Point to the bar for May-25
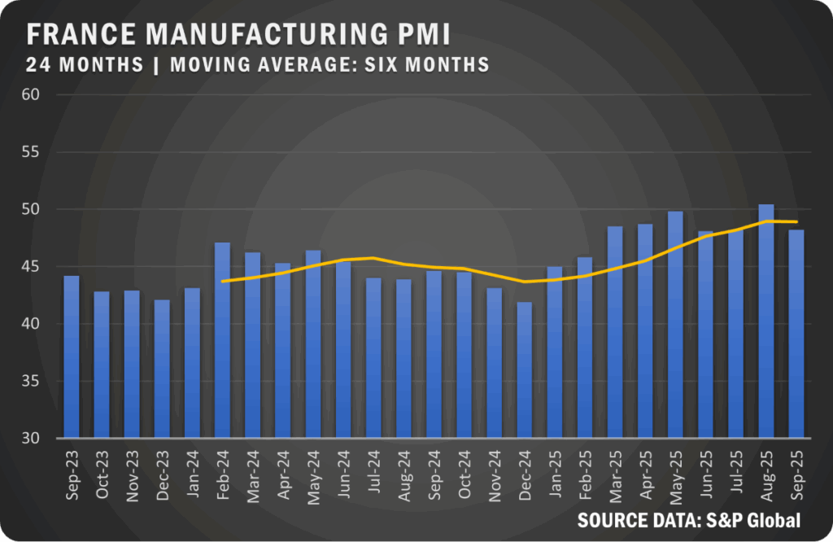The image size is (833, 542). (675, 325)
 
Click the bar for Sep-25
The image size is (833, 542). (796, 334)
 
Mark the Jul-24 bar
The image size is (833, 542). (373, 358)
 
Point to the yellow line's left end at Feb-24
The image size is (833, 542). (222, 281)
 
